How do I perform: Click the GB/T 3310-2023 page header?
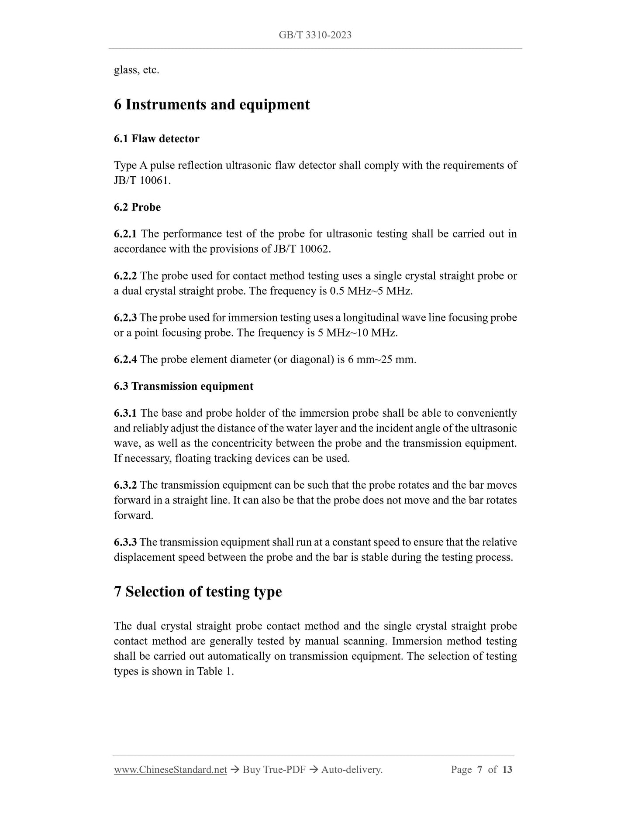click(x=315, y=35)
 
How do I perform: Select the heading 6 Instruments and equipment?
click(x=212, y=105)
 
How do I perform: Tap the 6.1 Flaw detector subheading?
click(x=156, y=139)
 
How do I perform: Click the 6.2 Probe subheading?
click(x=137, y=207)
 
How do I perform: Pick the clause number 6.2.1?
click(x=125, y=234)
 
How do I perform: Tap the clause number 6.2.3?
click(x=125, y=318)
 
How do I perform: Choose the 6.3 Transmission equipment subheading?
click(x=183, y=386)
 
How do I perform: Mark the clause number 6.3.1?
click(x=125, y=413)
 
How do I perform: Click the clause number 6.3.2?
click(x=125, y=485)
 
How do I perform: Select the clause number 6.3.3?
click(x=125, y=542)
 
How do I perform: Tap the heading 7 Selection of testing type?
click(x=198, y=592)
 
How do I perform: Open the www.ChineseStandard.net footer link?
click(x=170, y=770)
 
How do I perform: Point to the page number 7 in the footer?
click(x=479, y=770)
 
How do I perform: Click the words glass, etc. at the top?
click(x=136, y=70)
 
